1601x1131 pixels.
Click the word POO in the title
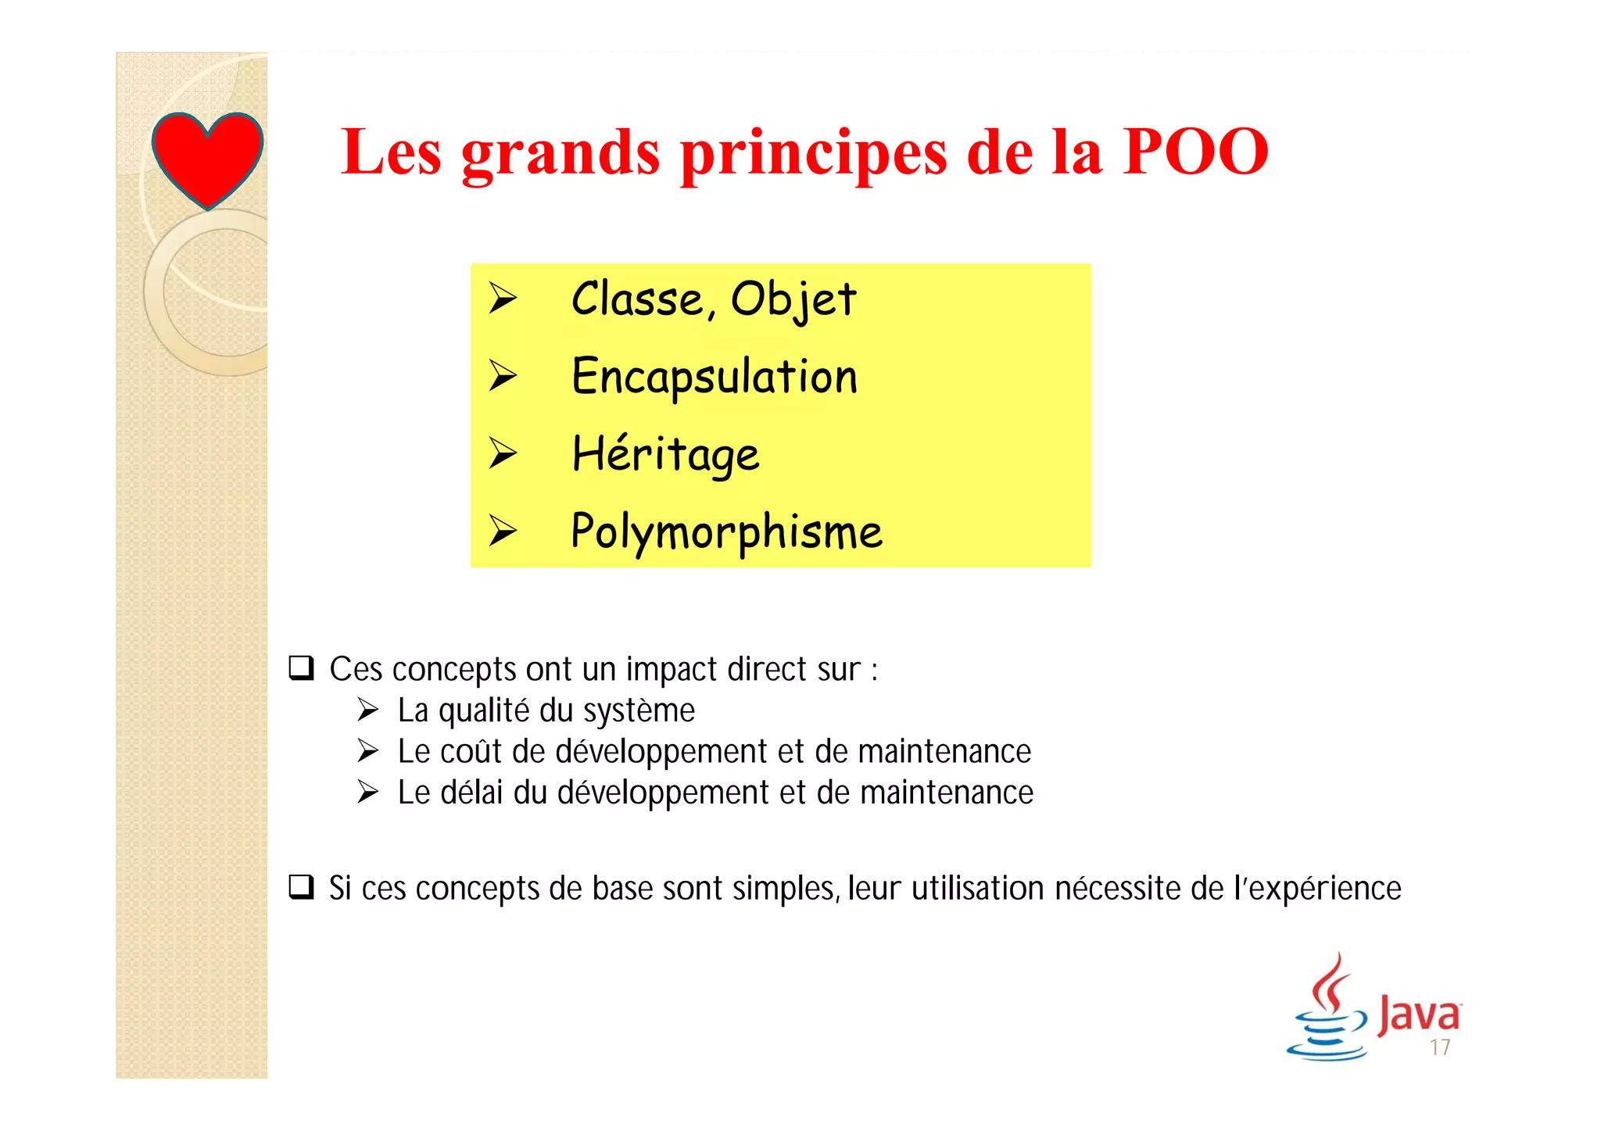pyautogui.click(x=1195, y=152)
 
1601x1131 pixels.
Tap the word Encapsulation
pyautogui.click(x=715, y=377)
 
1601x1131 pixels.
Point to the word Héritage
pyautogui.click(x=665, y=454)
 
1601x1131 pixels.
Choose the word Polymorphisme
pyautogui.click(x=726, y=532)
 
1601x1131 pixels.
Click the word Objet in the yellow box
pyautogui.click(x=793, y=299)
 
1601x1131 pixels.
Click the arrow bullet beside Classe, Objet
pyautogui.click(x=503, y=299)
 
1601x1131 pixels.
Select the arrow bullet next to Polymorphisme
pyautogui.click(x=503, y=531)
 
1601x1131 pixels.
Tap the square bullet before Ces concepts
pyautogui.click(x=301, y=668)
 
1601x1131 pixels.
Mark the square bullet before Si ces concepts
pyautogui.click(x=301, y=887)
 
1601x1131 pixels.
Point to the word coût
pyautogui.click(x=471, y=752)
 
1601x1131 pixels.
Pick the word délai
pyautogui.click(x=471, y=793)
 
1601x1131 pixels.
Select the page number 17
pyautogui.click(x=1440, y=1047)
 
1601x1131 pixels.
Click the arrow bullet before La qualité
pyautogui.click(x=368, y=710)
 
